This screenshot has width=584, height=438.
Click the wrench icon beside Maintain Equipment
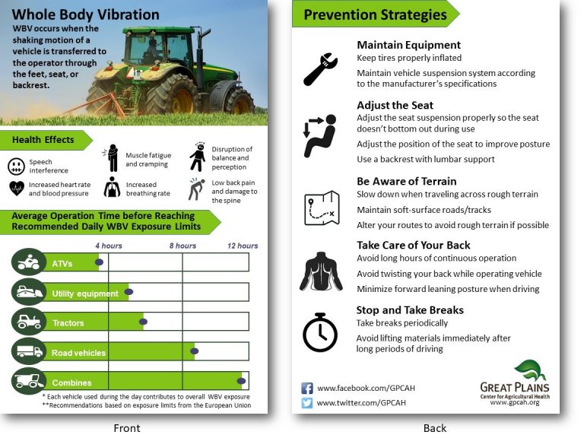(x=320, y=68)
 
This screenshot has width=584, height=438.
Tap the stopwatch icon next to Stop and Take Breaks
(x=320, y=332)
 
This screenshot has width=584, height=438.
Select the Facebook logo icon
(x=307, y=388)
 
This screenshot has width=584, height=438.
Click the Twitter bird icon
(x=307, y=403)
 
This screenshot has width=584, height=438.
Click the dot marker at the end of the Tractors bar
(x=144, y=322)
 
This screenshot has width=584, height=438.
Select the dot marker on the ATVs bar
(x=98, y=262)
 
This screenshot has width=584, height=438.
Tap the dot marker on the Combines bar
(x=243, y=382)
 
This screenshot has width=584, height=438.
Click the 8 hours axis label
(x=182, y=246)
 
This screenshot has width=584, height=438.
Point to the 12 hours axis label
(x=243, y=246)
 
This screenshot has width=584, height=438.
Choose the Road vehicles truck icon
(x=29, y=352)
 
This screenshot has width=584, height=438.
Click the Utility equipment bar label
(x=84, y=294)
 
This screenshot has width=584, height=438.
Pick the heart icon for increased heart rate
(x=16, y=188)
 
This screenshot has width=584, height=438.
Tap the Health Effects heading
(x=43, y=140)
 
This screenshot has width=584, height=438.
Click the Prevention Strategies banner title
(x=375, y=14)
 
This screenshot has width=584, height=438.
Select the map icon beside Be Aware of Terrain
(x=320, y=208)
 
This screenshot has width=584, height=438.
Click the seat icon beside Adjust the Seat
(x=320, y=135)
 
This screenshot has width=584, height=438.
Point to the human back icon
(x=320, y=271)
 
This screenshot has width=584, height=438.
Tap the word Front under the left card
(x=126, y=428)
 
